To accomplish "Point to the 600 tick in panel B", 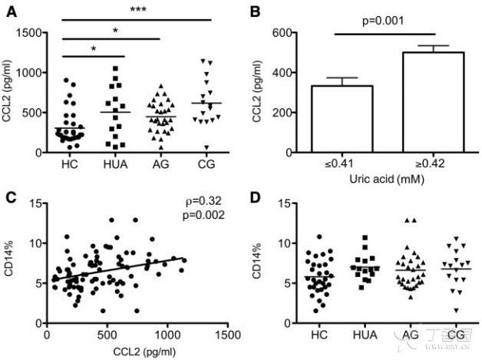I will (285, 33).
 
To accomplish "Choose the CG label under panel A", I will (203, 163).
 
